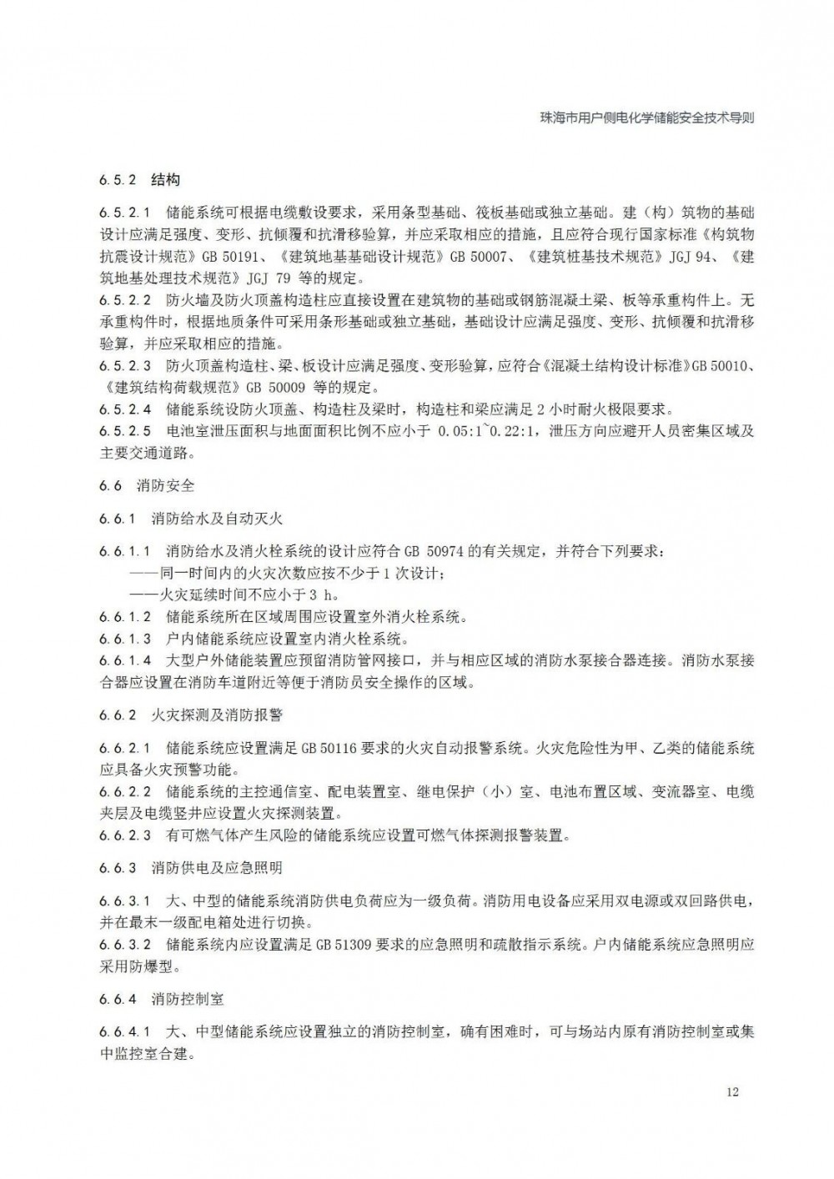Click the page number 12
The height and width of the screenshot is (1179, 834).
[x=732, y=1092]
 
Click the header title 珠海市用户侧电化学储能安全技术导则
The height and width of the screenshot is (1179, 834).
[x=647, y=118]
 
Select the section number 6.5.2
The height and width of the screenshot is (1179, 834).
[x=117, y=180]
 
